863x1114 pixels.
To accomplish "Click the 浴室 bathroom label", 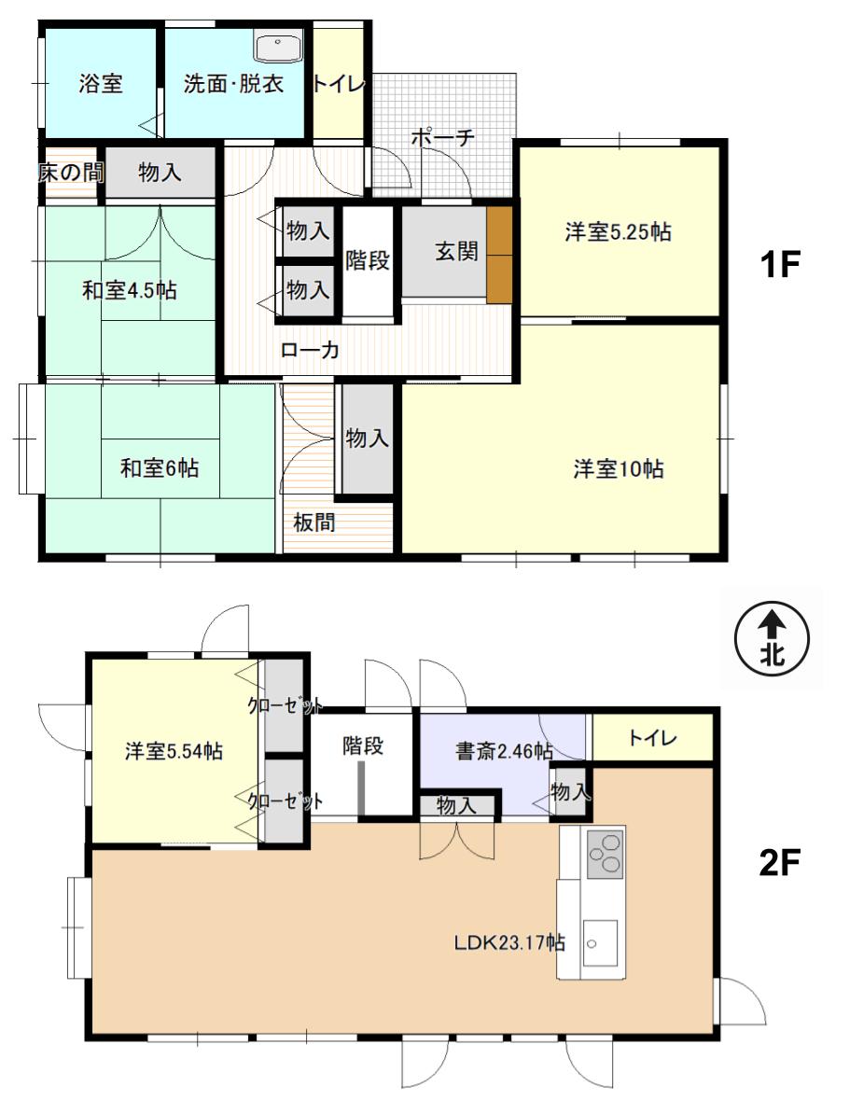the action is [x=100, y=84].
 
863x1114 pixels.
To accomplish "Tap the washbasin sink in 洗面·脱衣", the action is [x=279, y=47].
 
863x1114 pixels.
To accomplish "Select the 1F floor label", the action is [x=780, y=264].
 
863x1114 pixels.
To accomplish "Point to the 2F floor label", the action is [x=780, y=862].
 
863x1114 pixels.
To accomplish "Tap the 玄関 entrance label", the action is [x=456, y=251].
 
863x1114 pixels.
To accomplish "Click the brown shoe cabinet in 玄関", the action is [x=499, y=255].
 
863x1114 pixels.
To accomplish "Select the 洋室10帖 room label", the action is [x=619, y=469].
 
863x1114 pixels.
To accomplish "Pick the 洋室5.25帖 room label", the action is [x=618, y=231].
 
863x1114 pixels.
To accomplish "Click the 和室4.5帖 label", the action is [x=130, y=290].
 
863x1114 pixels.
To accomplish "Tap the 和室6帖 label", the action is [x=160, y=468].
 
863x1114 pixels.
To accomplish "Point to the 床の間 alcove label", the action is [x=70, y=172].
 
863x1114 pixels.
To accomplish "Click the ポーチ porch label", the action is [x=442, y=136].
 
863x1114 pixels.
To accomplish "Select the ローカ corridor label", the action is [x=309, y=350].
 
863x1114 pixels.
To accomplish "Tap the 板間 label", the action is [x=314, y=522].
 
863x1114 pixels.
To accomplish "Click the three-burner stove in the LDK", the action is [x=605, y=854].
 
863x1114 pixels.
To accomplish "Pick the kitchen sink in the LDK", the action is [x=600, y=942].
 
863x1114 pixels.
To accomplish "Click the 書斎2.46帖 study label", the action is [x=504, y=750].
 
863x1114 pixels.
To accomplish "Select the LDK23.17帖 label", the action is [x=509, y=942].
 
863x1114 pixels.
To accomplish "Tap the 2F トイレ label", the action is [x=652, y=738].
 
